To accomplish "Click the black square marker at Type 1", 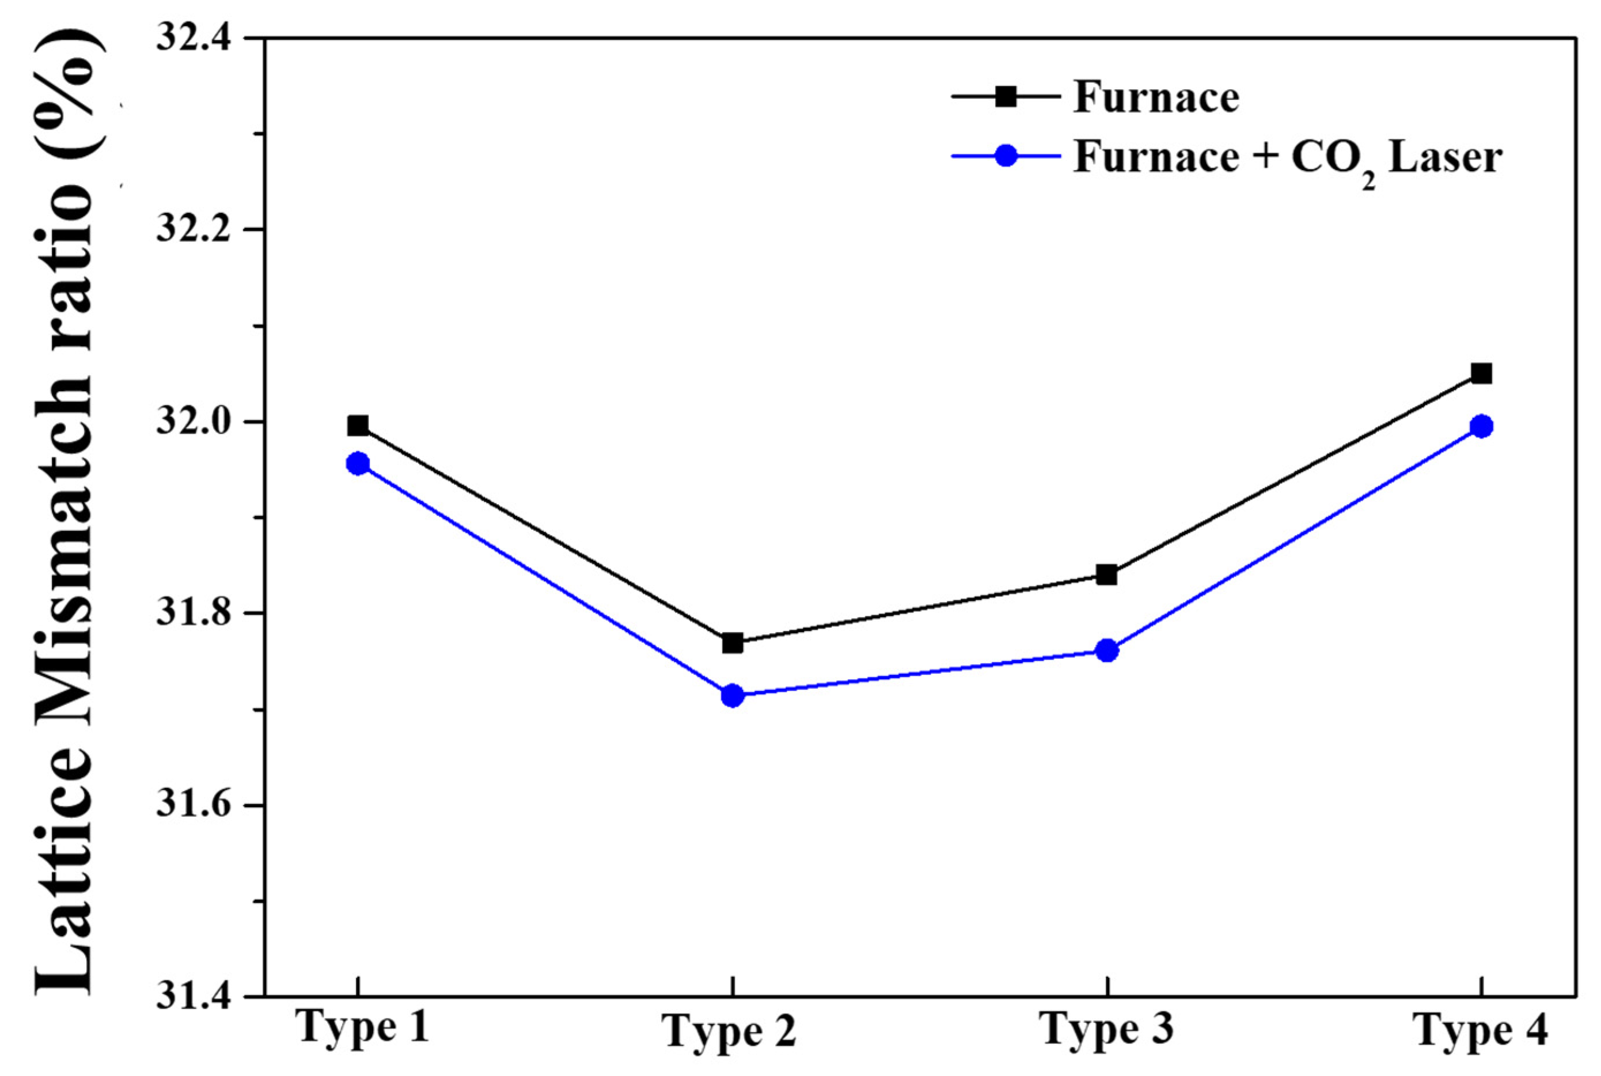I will tap(358, 426).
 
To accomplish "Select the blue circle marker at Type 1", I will tap(358, 464).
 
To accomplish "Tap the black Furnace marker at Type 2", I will tap(733, 643).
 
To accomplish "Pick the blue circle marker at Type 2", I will tap(733, 696).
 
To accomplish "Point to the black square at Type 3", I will tap(1106, 574).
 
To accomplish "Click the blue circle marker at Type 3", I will tap(1106, 650).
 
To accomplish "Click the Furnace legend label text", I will tap(1156, 97).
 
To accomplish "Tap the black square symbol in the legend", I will tap(1006, 97).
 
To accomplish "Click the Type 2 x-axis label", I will tap(731, 1051).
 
